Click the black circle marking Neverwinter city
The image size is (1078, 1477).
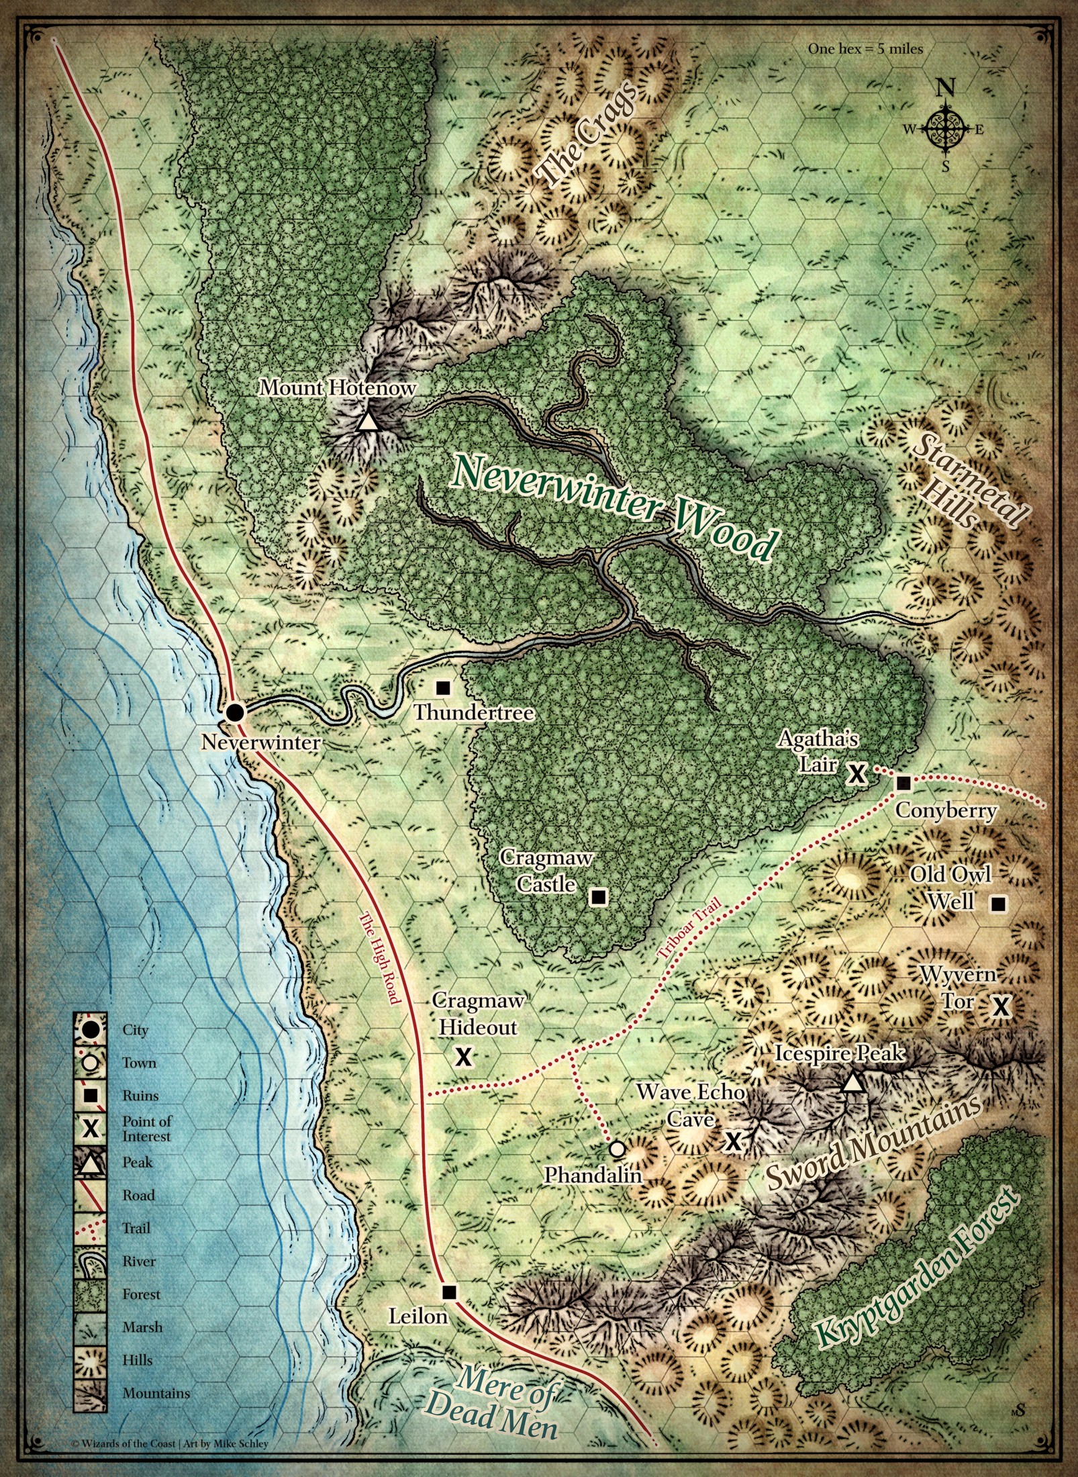point(234,712)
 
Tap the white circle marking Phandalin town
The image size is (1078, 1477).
point(618,1149)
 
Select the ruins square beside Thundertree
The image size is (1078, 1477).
point(443,687)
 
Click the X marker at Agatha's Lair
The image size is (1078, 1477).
point(856,773)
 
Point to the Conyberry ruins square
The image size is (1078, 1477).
point(903,783)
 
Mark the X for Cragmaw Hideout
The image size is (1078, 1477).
point(463,1057)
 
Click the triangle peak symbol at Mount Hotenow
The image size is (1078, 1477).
point(366,422)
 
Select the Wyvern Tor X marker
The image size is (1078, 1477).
point(1001,1006)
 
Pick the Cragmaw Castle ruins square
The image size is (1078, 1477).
point(598,896)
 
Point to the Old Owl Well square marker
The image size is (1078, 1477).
point(998,904)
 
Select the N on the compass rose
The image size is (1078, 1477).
point(945,87)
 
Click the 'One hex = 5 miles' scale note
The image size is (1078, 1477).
point(865,48)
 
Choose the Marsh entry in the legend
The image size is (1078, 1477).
point(142,1327)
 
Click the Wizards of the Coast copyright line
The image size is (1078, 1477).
point(170,1443)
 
